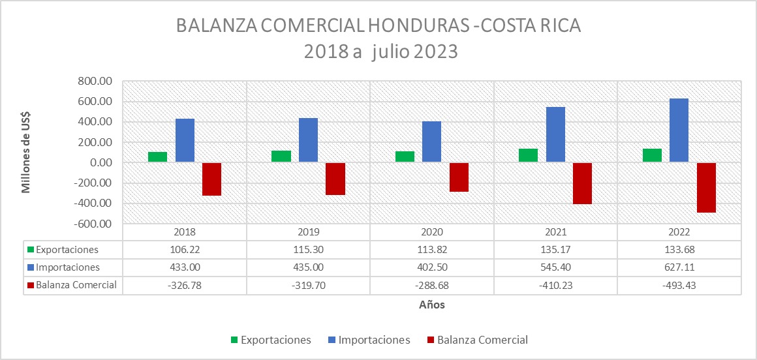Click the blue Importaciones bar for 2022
click(679, 130)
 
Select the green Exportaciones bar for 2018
click(157, 157)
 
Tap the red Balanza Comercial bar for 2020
click(459, 177)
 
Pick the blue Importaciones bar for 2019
click(308, 140)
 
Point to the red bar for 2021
click(582, 183)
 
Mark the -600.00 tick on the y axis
click(94, 224)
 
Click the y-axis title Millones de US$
click(27, 153)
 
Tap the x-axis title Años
click(432, 305)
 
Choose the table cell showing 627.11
click(679, 267)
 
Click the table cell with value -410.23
click(555, 284)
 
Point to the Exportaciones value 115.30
click(308, 249)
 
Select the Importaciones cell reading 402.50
click(431, 267)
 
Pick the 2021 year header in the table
click(555, 232)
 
